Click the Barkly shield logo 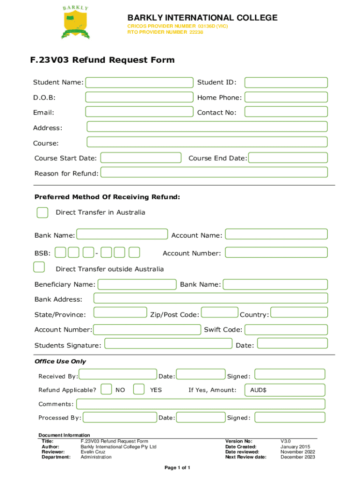[75, 22]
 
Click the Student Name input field [139, 83]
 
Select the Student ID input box [286, 83]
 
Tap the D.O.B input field [139, 97]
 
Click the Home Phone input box [286, 97]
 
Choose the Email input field [139, 112]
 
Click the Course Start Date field [141, 158]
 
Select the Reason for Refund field [214, 173]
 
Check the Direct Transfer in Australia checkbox [43, 212]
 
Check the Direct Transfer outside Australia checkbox [39, 267]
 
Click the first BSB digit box [60, 253]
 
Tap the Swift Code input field [286, 329]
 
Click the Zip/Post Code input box [219, 312]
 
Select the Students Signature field [168, 344]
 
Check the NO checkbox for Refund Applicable [107, 389]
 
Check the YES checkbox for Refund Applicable [138, 389]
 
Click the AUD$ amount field [284, 390]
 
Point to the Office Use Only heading [60, 362]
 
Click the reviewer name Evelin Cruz [93, 452]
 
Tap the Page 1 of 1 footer [177, 468]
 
